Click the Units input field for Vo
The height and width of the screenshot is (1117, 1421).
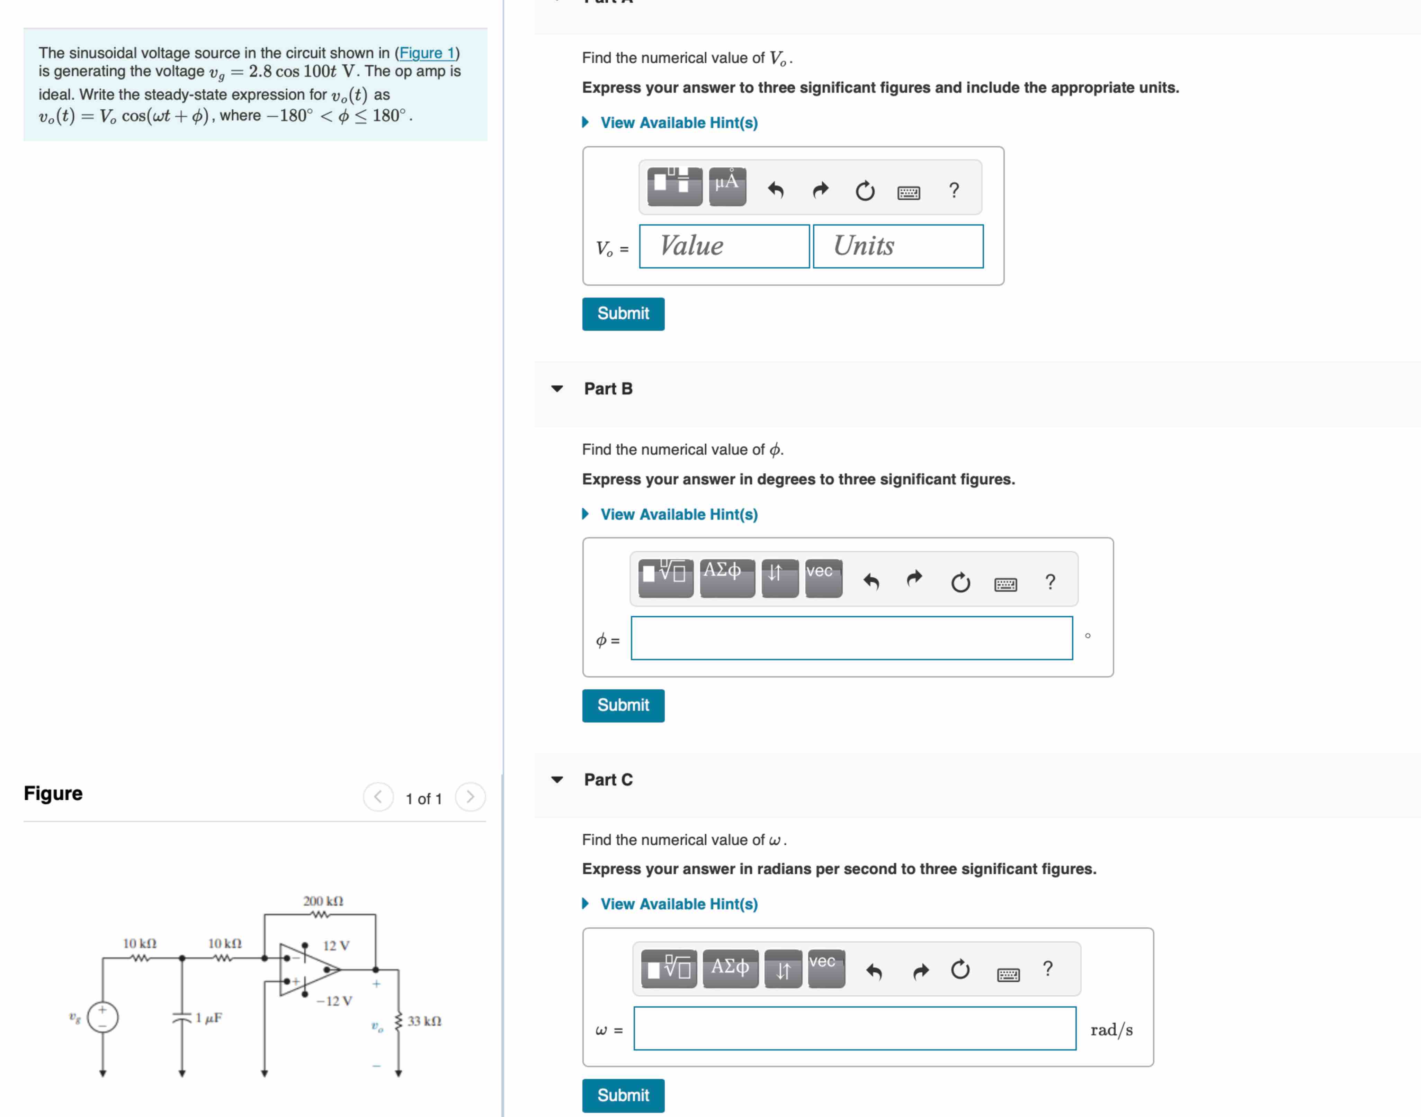pyautogui.click(x=897, y=247)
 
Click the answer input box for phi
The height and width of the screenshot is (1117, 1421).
pyautogui.click(x=851, y=638)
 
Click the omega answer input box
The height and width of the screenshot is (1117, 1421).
pyautogui.click(x=855, y=1029)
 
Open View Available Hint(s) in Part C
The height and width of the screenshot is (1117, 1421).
pyautogui.click(x=678, y=904)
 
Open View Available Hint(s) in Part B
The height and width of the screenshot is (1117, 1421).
pyautogui.click(x=678, y=515)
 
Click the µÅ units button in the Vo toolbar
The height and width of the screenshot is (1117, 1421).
pyautogui.click(x=727, y=187)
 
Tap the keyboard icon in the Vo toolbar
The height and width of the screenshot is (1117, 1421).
pyautogui.click(x=908, y=192)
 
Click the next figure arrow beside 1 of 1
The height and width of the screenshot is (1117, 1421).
pyautogui.click(x=470, y=797)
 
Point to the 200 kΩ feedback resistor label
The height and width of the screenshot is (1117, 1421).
pyautogui.click(x=323, y=901)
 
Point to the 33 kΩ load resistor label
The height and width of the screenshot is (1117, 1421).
pyautogui.click(x=424, y=1021)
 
